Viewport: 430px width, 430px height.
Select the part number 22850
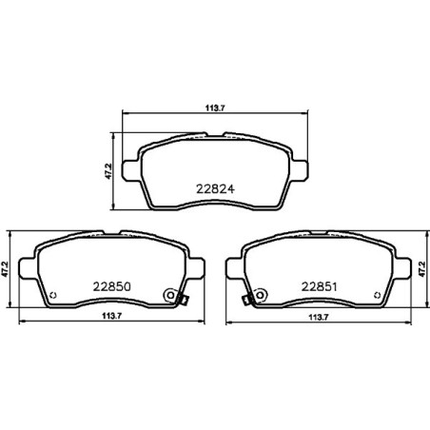[x=111, y=283]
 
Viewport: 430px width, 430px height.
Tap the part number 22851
[x=321, y=283]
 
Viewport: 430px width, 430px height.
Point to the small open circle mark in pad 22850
[x=52, y=293]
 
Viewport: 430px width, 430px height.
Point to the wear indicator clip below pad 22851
[x=245, y=303]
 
